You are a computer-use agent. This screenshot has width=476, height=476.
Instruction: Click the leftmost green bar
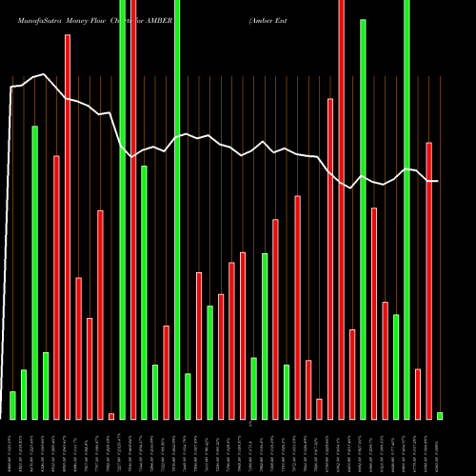coord(12,405)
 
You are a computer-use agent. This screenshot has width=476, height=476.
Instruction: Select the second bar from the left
coord(24,394)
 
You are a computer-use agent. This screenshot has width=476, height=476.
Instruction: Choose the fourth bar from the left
coord(46,386)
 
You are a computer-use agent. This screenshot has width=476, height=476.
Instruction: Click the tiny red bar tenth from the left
coord(111,416)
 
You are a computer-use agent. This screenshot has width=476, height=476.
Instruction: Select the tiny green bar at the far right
coord(440,415)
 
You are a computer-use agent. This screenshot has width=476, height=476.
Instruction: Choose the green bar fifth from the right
coord(396,367)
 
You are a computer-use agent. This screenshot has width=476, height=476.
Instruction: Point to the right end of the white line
coord(437,181)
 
